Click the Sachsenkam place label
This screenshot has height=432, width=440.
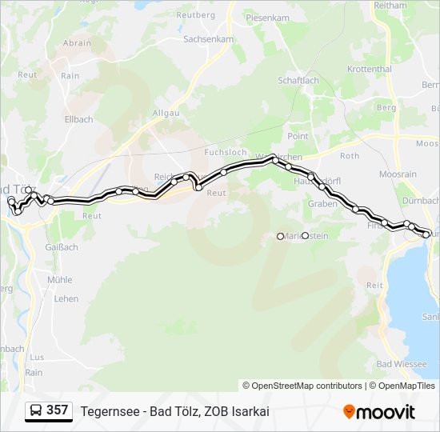pos(208,38)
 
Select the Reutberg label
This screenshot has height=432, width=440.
pos(196,15)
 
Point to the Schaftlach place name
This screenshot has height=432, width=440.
pos(298,81)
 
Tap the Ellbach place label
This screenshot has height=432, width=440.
pos(78,120)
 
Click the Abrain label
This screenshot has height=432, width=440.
pos(77,43)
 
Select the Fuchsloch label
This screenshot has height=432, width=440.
pos(226,152)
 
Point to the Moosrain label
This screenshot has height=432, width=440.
pos(398,174)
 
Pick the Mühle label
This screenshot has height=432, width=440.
pos(59,280)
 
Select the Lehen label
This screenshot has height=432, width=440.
pos(66,299)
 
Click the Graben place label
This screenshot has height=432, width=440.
pos(322,204)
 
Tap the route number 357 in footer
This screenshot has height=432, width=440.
pos(57,410)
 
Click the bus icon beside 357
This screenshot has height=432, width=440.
pos(36,410)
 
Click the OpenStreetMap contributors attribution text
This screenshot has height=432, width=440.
pos(302,386)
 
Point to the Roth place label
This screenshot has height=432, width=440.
pos(350,156)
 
